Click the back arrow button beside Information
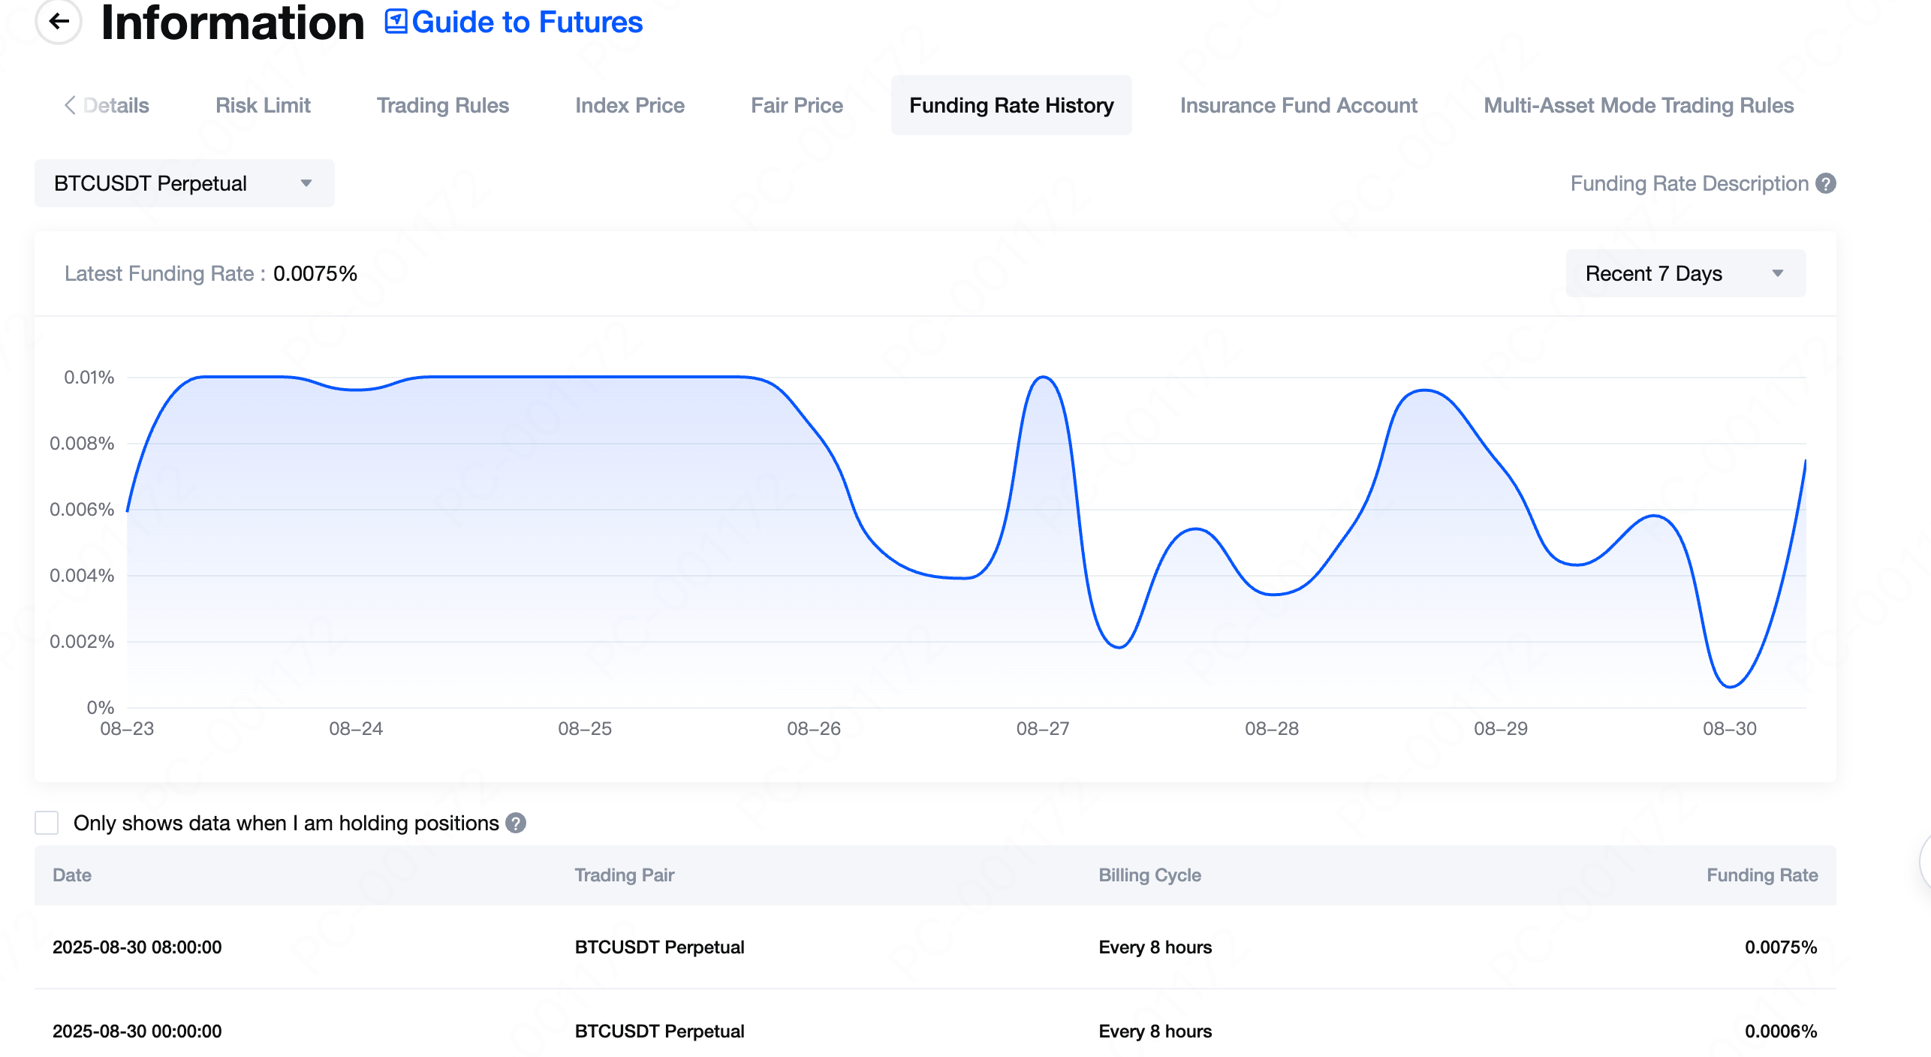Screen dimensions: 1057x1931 [x=59, y=21]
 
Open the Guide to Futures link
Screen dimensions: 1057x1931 [x=514, y=23]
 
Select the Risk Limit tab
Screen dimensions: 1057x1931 [x=263, y=106]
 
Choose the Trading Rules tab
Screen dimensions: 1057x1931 [x=443, y=106]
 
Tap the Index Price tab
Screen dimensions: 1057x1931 [x=630, y=106]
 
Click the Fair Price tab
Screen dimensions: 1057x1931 [x=797, y=106]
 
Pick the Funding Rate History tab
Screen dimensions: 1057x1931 [x=1011, y=106]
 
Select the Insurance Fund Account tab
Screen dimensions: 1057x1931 [x=1298, y=106]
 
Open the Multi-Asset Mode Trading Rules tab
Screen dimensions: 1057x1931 [x=1638, y=106]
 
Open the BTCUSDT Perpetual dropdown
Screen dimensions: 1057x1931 [x=184, y=183]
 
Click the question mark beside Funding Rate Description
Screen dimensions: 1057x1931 [x=1826, y=184]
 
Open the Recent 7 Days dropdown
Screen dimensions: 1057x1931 [x=1685, y=273]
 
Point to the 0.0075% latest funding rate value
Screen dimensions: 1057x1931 [x=315, y=274]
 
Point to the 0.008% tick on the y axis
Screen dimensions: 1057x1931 [x=82, y=444]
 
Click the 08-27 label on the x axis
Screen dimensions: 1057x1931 [x=1042, y=729]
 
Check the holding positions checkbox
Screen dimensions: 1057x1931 [x=47, y=823]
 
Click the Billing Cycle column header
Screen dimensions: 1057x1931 [x=1149, y=875]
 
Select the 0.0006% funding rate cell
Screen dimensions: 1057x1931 [x=1780, y=1031]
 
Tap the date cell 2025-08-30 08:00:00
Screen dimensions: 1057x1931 [x=137, y=947]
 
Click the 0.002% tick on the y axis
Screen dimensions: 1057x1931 [x=82, y=642]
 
